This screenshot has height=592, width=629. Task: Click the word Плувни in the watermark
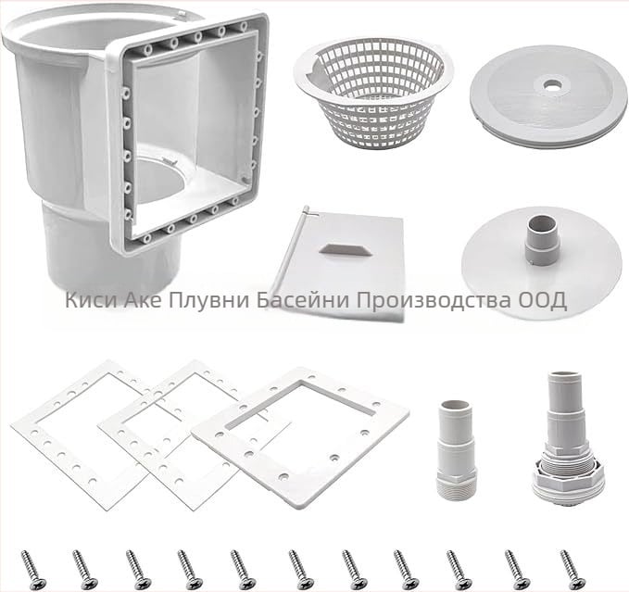pos(208,300)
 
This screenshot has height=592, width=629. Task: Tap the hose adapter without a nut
pos(455,449)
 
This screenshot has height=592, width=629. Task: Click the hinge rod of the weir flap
pos(289,254)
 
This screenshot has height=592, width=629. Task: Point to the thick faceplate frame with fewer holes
pos(301,437)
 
